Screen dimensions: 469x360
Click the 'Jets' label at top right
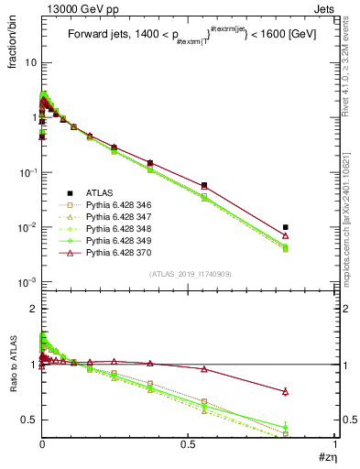tap(322, 7)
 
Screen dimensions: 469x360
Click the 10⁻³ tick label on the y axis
tap(26, 282)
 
